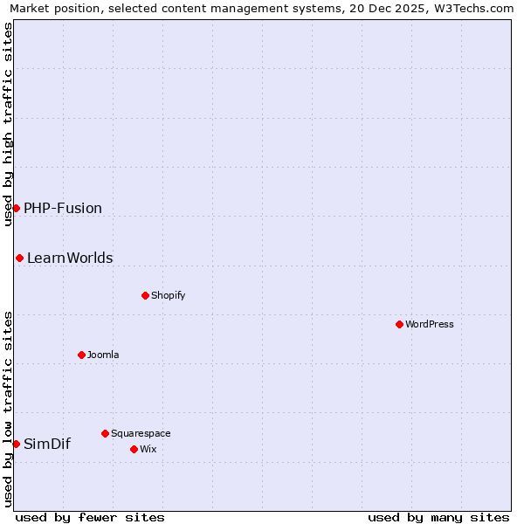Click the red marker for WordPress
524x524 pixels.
point(399,324)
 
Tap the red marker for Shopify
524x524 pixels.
point(145,295)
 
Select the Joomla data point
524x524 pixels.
point(81,355)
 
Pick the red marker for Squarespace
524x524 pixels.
point(105,433)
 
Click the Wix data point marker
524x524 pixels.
point(134,449)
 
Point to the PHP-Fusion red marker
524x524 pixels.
point(16,208)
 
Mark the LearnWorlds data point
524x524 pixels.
point(19,258)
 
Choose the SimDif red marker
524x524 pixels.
point(16,444)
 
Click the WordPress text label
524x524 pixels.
point(430,324)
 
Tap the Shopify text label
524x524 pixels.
point(169,295)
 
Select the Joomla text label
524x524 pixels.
point(103,355)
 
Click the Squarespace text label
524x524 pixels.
point(141,433)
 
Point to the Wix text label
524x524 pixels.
point(148,449)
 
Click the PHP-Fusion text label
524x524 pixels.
point(63,208)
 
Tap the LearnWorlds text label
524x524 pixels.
point(70,258)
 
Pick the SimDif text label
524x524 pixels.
point(47,444)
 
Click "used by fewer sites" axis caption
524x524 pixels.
point(90,517)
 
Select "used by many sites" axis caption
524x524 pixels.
point(438,517)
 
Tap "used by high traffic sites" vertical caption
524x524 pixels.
point(9,124)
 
